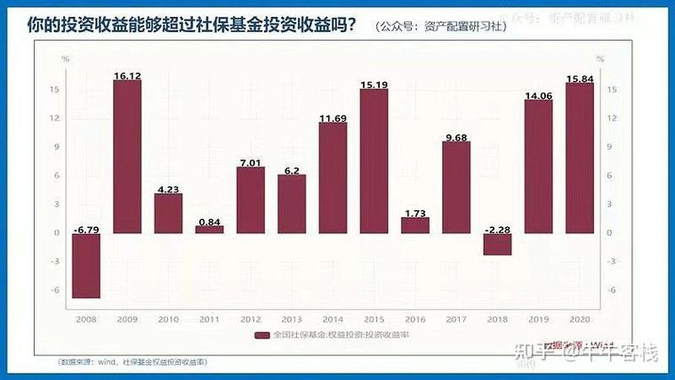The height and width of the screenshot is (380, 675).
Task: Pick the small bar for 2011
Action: (x=210, y=229)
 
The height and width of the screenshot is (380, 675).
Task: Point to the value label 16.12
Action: (x=127, y=77)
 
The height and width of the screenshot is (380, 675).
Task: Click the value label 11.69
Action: (x=333, y=117)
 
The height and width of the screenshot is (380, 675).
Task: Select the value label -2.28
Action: (x=497, y=229)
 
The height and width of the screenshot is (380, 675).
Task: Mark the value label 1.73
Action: (x=414, y=213)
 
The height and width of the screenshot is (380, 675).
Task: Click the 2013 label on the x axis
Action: (x=292, y=317)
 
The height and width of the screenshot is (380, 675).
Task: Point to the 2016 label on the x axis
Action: (x=414, y=317)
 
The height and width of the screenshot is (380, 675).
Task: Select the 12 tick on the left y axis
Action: (x=54, y=118)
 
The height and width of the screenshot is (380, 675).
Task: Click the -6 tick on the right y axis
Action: (x=610, y=290)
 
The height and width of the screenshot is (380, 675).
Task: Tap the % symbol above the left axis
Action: (x=65, y=59)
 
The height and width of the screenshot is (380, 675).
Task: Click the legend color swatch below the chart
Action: (x=261, y=336)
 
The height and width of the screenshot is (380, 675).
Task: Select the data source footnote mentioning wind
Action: (x=133, y=362)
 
